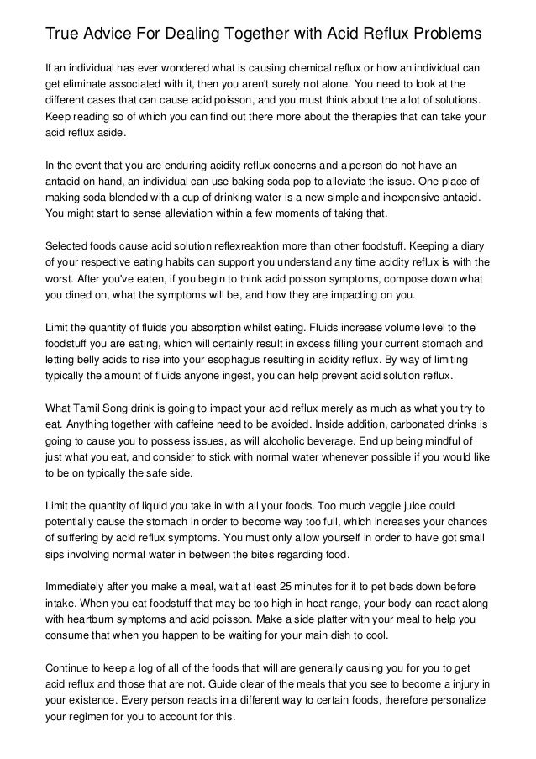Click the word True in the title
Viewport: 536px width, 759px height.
coord(62,34)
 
